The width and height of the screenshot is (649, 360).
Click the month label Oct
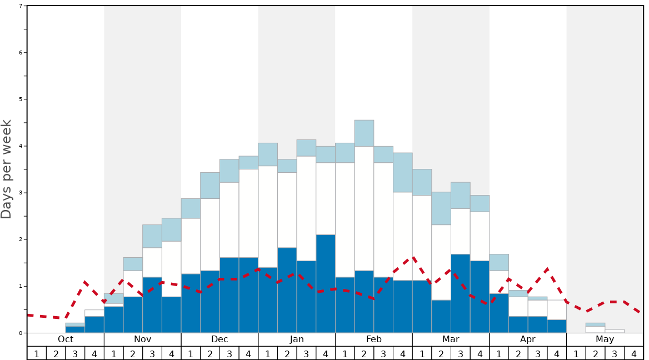pos(66,339)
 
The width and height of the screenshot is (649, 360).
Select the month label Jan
pos(297,339)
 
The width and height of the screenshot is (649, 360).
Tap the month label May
pos(605,339)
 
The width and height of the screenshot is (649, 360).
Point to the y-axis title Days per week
pos(7,169)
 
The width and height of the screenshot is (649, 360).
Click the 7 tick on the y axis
pos(21,6)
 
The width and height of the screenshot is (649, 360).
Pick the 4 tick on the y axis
pos(21,146)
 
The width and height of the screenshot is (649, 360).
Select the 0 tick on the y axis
pos(21,333)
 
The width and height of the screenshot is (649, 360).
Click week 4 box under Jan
pos(326,353)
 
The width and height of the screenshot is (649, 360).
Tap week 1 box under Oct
pos(37,353)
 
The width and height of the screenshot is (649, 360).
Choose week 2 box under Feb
pos(365,353)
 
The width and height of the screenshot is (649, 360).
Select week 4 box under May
pos(634,353)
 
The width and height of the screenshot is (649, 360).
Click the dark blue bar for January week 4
pos(326,283)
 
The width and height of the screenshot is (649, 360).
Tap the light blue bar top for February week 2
pos(365,133)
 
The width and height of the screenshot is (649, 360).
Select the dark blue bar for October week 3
pos(75,329)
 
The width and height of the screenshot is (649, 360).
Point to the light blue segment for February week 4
pos(403,172)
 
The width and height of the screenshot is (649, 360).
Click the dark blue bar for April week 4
pos(557,326)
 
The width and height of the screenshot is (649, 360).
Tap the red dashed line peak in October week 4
pos(84,282)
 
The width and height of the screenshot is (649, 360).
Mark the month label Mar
pos(451,339)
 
